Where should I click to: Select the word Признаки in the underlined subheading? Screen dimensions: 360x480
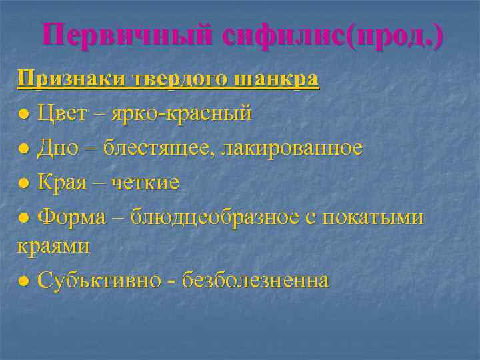[x=65, y=79]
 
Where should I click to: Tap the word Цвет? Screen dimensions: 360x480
[x=62, y=114]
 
